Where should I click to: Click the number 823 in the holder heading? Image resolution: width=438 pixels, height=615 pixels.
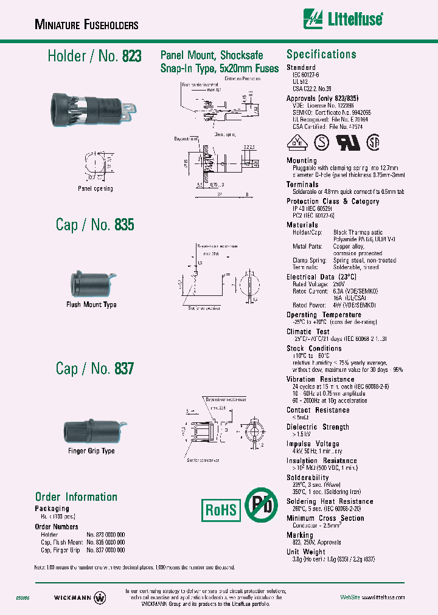click(x=131, y=57)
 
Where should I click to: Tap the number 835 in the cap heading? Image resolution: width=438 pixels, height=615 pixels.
click(x=124, y=225)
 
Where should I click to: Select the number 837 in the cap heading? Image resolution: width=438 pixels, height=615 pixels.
click(x=124, y=369)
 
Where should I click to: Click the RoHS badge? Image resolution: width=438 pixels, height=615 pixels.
click(x=220, y=509)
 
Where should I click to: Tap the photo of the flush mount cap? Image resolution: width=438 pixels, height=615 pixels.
click(x=91, y=283)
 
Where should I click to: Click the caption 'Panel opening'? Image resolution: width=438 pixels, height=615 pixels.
click(x=96, y=188)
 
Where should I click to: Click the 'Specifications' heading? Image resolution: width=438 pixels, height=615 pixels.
click(x=321, y=54)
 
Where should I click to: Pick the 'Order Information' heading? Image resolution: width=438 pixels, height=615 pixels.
click(x=76, y=496)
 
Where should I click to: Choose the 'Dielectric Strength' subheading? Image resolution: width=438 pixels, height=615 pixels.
click(x=318, y=427)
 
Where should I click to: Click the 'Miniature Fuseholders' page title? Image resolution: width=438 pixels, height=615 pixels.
click(x=86, y=25)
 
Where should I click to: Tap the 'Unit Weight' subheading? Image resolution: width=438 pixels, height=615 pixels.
click(x=306, y=552)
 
